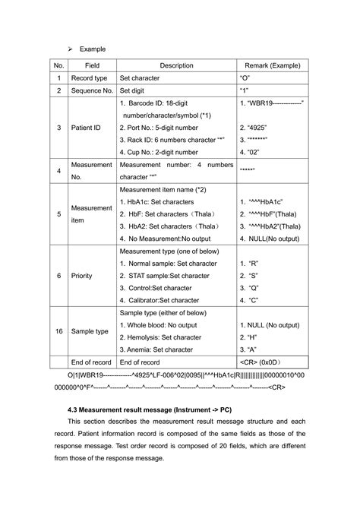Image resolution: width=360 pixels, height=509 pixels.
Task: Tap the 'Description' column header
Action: [x=176, y=65]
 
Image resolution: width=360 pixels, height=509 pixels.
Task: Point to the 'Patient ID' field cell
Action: [x=86, y=128]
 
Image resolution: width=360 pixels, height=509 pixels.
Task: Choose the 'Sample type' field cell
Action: [x=90, y=331]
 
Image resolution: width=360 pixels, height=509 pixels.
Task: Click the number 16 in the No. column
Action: [x=58, y=331]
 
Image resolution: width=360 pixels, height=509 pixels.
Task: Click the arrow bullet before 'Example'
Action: [x=71, y=48]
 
